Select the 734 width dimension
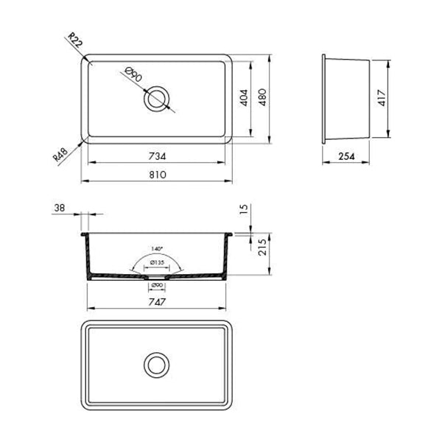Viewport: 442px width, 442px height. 156,155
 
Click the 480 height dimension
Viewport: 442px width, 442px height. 263,98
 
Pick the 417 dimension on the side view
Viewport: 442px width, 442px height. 382,99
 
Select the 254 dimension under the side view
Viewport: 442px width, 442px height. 348,156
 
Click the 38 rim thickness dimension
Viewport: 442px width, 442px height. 59,209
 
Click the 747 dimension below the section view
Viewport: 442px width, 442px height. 156,302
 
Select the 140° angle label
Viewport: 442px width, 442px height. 155,249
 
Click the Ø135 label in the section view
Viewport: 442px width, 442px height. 156,263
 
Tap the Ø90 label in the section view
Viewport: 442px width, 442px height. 156,286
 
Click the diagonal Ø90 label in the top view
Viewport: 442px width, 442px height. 133,76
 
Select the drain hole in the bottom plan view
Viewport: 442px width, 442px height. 156,365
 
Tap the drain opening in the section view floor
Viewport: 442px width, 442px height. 156,278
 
